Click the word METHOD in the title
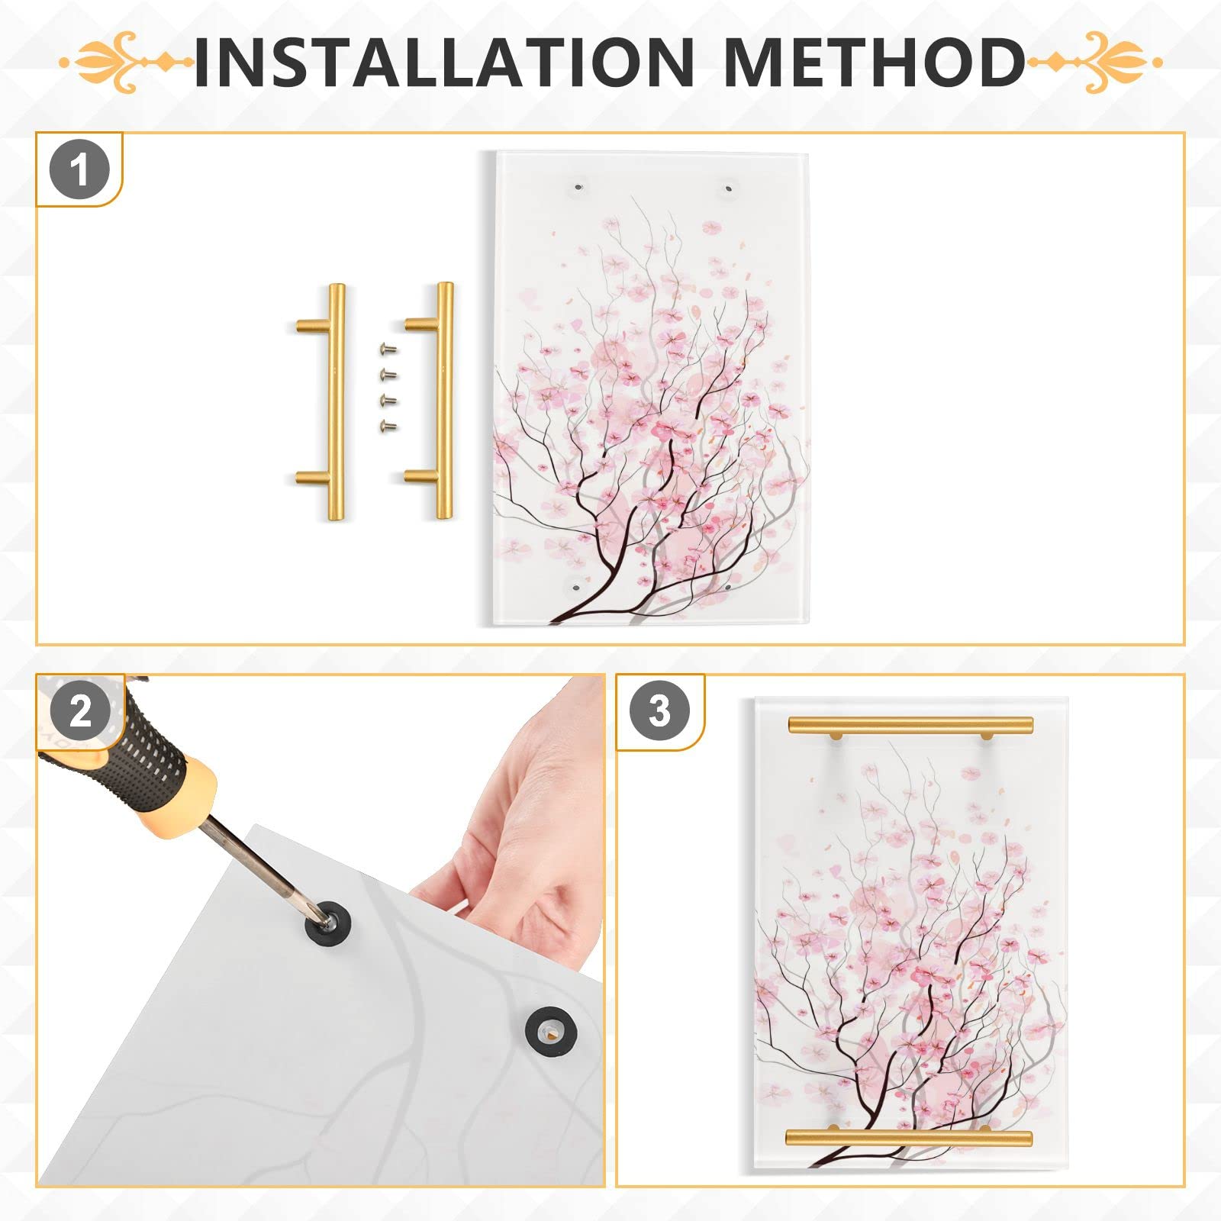[874, 62]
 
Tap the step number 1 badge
[79, 169]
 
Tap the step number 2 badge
[80, 711]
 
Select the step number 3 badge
[659, 711]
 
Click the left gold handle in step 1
[334, 401]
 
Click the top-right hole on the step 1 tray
[729, 186]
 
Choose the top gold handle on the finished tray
[910, 724]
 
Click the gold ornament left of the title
[126, 62]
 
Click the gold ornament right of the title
[1097, 62]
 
